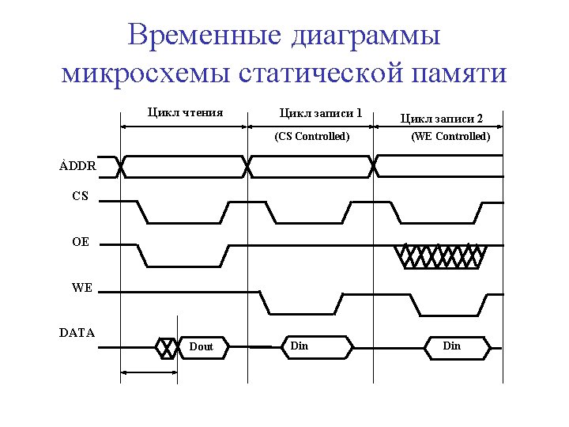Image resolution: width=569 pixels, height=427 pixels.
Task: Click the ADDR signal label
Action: click(77, 167)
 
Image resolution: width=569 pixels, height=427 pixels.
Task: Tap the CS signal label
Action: click(80, 196)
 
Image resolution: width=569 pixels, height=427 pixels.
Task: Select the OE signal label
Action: click(80, 243)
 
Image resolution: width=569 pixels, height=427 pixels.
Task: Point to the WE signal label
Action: click(81, 288)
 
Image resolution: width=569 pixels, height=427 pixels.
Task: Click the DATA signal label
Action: click(77, 333)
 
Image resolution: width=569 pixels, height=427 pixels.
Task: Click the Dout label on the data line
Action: click(202, 347)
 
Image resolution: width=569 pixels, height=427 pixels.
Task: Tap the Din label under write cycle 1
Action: click(300, 346)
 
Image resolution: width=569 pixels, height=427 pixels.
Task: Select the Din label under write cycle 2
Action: click(451, 346)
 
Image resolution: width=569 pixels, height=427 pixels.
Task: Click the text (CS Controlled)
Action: click(311, 136)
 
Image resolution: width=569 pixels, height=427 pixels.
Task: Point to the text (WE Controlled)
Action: click(450, 136)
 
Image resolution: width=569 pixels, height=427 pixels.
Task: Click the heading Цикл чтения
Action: click(185, 112)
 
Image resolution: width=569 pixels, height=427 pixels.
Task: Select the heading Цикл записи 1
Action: click(322, 113)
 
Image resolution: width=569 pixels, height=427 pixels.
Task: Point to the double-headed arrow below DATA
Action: click(149, 372)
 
